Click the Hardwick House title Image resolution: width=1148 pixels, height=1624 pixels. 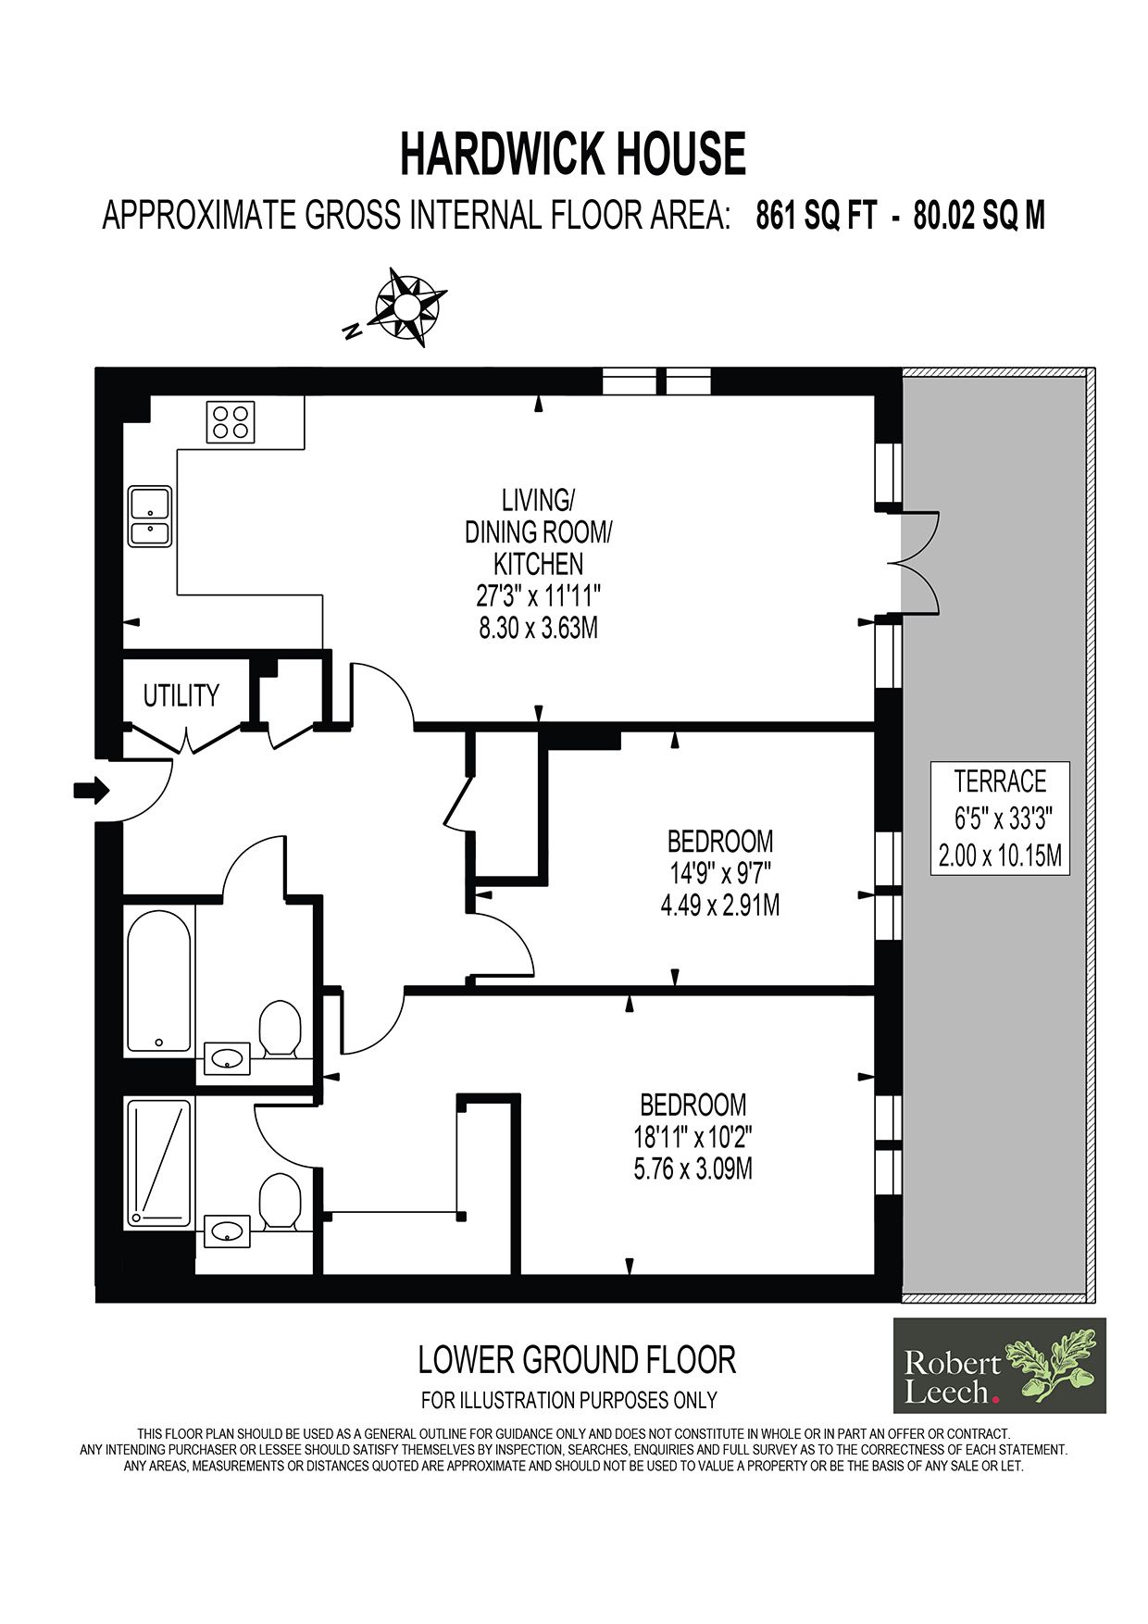point(572,154)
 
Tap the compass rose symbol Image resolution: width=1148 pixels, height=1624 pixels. point(406,306)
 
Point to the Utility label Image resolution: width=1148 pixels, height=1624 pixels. point(181,695)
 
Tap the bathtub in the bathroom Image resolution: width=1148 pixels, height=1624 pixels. point(158,981)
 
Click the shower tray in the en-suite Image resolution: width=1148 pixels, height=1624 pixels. point(158,1163)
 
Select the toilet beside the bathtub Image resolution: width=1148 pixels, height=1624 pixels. point(280,1027)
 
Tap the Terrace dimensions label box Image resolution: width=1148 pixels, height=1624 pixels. point(1000,818)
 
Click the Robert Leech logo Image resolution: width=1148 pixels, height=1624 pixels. point(999,1365)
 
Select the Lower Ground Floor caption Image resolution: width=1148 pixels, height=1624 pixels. point(577,1360)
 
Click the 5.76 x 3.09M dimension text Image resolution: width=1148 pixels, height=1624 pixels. point(693,1168)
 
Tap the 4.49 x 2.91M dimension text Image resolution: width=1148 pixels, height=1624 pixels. point(719,906)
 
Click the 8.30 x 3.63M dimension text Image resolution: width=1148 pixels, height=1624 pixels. point(538,628)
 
